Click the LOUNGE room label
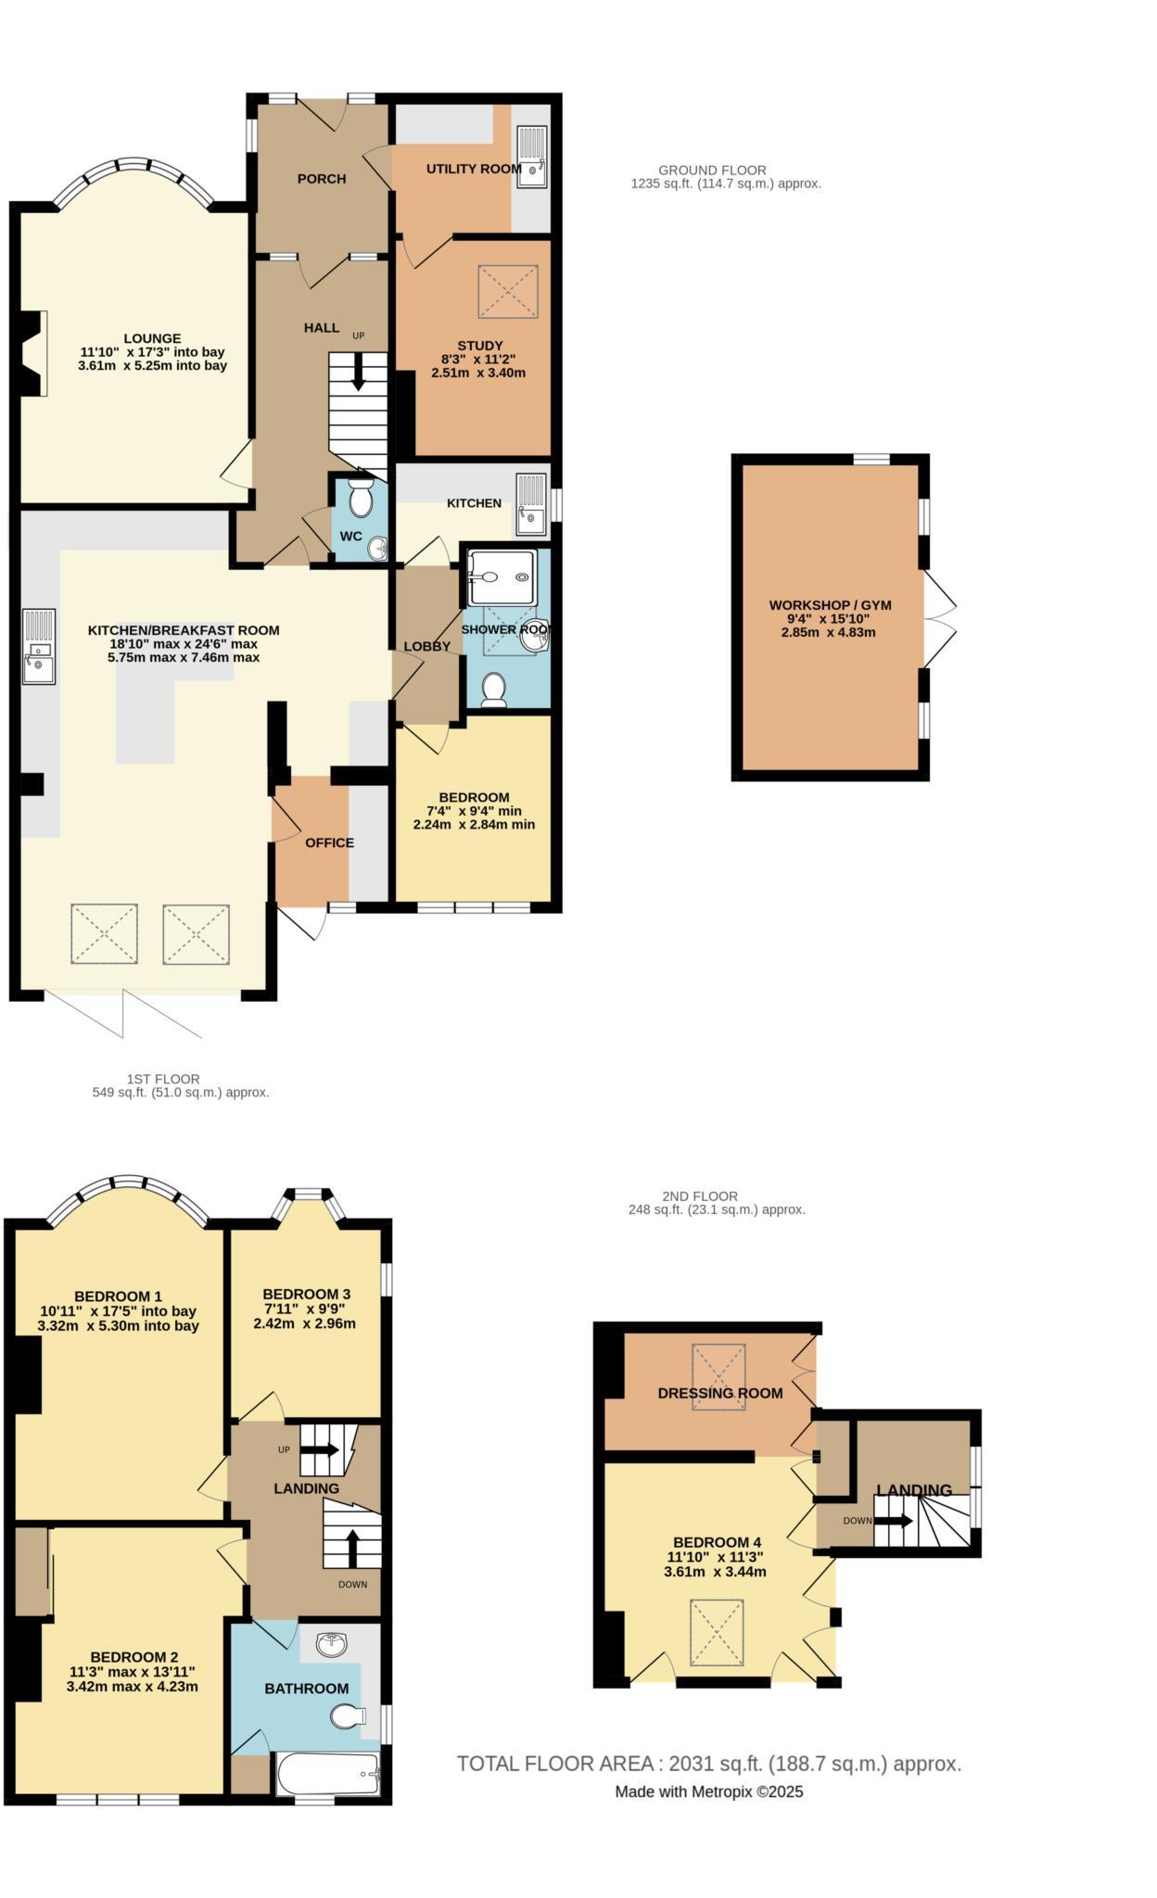coord(153,338)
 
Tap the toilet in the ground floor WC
coord(360,500)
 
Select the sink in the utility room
coord(531,157)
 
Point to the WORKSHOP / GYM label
coord(830,605)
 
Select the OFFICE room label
coord(329,842)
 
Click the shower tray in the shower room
coord(501,576)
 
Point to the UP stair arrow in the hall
coord(358,372)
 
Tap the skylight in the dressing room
coord(718,1377)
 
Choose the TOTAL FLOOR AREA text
coord(708,1764)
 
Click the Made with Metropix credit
coord(708,1792)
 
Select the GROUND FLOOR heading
coord(712,170)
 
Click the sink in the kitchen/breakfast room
coord(39,646)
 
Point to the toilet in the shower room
coord(494,690)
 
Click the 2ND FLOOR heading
coord(700,1196)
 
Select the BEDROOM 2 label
coord(133,1657)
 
